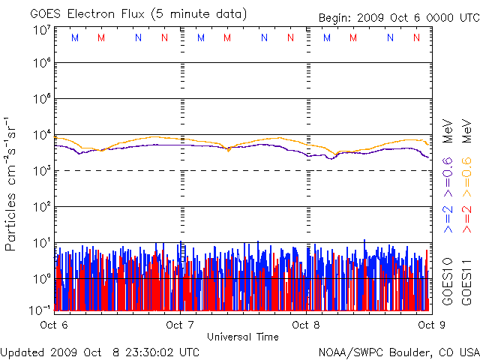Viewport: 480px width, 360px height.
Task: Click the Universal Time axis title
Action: click(242, 337)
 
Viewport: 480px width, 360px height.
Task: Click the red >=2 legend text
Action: click(466, 218)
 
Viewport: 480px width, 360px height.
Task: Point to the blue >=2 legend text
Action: click(448, 218)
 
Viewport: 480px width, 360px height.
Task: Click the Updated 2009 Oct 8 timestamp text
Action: click(100, 351)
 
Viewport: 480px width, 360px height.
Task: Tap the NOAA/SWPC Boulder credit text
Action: click(398, 351)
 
